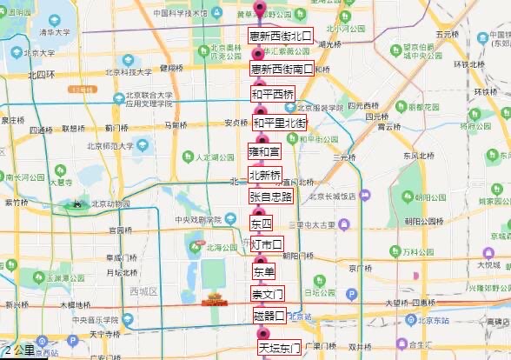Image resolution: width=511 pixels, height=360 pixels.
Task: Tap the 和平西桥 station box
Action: [273, 93]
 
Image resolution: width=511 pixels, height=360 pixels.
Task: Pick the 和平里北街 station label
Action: [280, 123]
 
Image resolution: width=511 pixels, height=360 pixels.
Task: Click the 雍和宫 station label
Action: [265, 152]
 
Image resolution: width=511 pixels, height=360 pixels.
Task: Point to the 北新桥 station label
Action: [265, 175]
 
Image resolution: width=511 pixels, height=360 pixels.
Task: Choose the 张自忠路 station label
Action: [270, 197]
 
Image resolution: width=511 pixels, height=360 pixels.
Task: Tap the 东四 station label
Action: [261, 223]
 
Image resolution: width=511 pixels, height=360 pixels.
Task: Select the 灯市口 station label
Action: [267, 244]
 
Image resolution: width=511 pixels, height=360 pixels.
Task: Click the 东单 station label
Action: [263, 271]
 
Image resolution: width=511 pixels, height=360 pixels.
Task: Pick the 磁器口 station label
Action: [269, 315]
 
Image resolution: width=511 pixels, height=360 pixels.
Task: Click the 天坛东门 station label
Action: [279, 348]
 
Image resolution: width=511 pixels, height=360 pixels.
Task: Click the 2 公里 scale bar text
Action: [19, 351]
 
